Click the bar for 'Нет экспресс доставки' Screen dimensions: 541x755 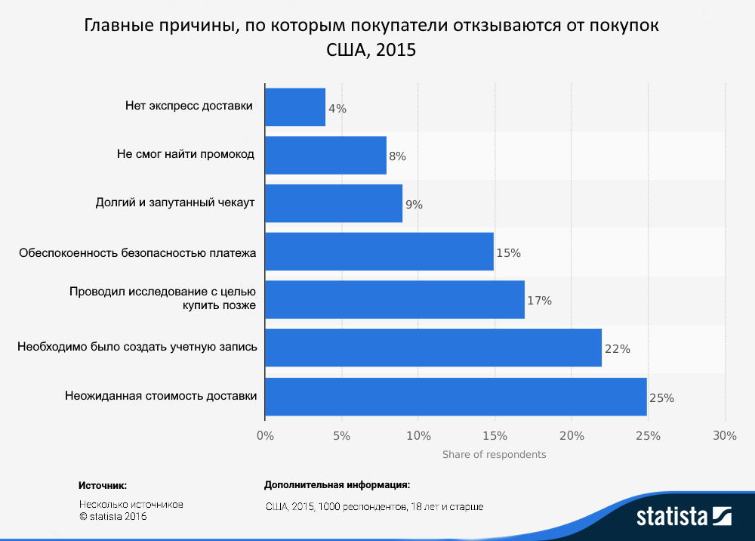[295, 107]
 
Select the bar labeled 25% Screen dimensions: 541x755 [455, 397]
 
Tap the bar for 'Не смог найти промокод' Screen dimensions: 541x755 [325, 155]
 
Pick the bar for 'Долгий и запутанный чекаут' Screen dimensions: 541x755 [333, 203]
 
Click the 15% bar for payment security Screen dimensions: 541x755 [379, 252]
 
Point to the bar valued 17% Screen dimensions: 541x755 [394, 299]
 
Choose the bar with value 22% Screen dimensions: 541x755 [433, 348]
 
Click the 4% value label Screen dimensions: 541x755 [337, 109]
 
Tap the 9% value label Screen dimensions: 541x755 [414, 205]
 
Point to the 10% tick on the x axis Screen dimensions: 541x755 [418, 436]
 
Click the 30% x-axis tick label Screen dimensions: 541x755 [725, 436]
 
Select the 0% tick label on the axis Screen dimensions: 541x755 [265, 436]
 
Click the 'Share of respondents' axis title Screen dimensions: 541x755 [494, 455]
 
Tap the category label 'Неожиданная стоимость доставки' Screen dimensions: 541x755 [161, 395]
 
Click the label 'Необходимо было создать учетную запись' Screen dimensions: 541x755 [137, 347]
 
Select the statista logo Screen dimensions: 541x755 [684, 517]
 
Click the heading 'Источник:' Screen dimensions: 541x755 [103, 485]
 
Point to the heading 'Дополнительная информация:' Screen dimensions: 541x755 [337, 484]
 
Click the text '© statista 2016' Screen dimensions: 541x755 [113, 517]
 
